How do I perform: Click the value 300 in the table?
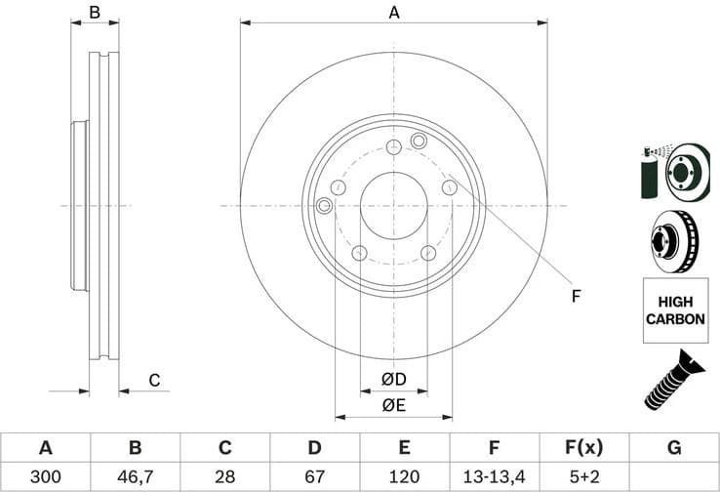coord(45,476)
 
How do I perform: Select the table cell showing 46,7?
coord(135,476)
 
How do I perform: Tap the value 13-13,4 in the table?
coord(494,476)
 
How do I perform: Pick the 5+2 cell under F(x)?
coord(583,476)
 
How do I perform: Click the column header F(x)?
coord(583,448)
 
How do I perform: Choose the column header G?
coord(674,448)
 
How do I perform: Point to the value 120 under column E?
coord(404,476)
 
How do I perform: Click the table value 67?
coord(314,476)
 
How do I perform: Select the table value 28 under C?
coord(224,476)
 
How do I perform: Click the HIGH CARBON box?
coord(674,310)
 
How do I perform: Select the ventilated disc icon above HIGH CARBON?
coord(674,240)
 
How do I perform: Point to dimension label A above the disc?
coord(394,13)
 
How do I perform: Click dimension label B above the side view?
coord(95,13)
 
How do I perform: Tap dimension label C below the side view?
coord(153,381)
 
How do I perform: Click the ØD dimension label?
coord(393,379)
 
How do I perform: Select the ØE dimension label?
coord(393,404)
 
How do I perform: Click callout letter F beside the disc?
coord(576,296)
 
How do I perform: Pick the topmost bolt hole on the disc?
coord(393,147)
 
